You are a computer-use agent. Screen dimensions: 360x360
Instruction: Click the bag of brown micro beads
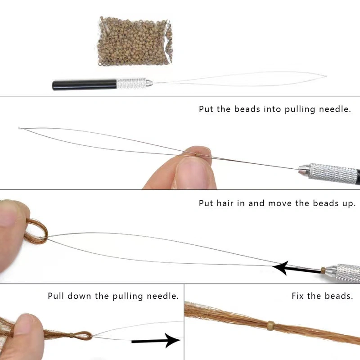click(x=135, y=41)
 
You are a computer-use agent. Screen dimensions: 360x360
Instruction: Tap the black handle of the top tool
click(x=85, y=85)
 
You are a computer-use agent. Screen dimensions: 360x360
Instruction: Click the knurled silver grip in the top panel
click(x=131, y=83)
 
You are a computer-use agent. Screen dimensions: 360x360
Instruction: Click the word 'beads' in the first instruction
click(x=247, y=109)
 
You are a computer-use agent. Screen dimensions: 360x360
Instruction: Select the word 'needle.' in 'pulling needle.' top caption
click(x=335, y=109)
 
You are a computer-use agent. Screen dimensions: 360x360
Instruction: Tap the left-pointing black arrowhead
click(x=280, y=268)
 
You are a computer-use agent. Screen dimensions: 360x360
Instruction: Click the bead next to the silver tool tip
click(x=323, y=270)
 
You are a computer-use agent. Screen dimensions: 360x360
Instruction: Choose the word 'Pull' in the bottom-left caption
click(x=55, y=296)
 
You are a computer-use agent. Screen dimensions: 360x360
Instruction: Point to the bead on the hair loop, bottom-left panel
click(x=72, y=335)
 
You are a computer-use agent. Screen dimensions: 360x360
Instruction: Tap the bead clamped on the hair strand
click(x=271, y=325)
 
